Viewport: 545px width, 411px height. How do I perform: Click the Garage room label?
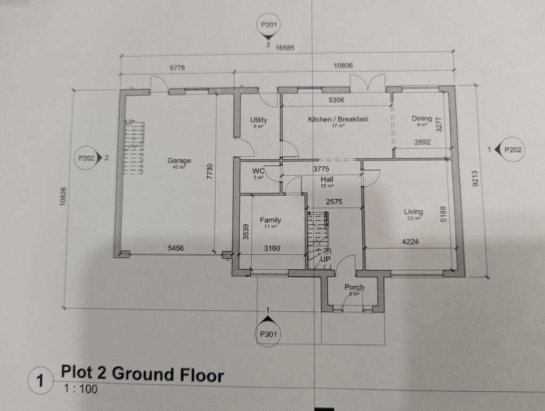(x=179, y=160)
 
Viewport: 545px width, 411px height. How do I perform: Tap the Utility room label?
(x=259, y=120)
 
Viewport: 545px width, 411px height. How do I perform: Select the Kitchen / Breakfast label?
(x=338, y=119)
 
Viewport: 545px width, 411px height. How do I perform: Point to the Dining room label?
(x=421, y=119)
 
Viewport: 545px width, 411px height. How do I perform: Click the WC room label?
(x=258, y=172)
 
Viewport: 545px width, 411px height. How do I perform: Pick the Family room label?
(x=270, y=220)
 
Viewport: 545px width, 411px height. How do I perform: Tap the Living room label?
(x=413, y=212)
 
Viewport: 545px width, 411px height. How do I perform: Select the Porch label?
(x=354, y=287)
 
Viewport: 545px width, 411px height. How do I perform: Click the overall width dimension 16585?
(x=285, y=47)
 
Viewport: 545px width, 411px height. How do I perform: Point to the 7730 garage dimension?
(x=210, y=173)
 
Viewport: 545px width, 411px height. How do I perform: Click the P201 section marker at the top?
(x=268, y=25)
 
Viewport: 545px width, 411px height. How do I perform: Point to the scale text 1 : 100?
(x=80, y=389)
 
